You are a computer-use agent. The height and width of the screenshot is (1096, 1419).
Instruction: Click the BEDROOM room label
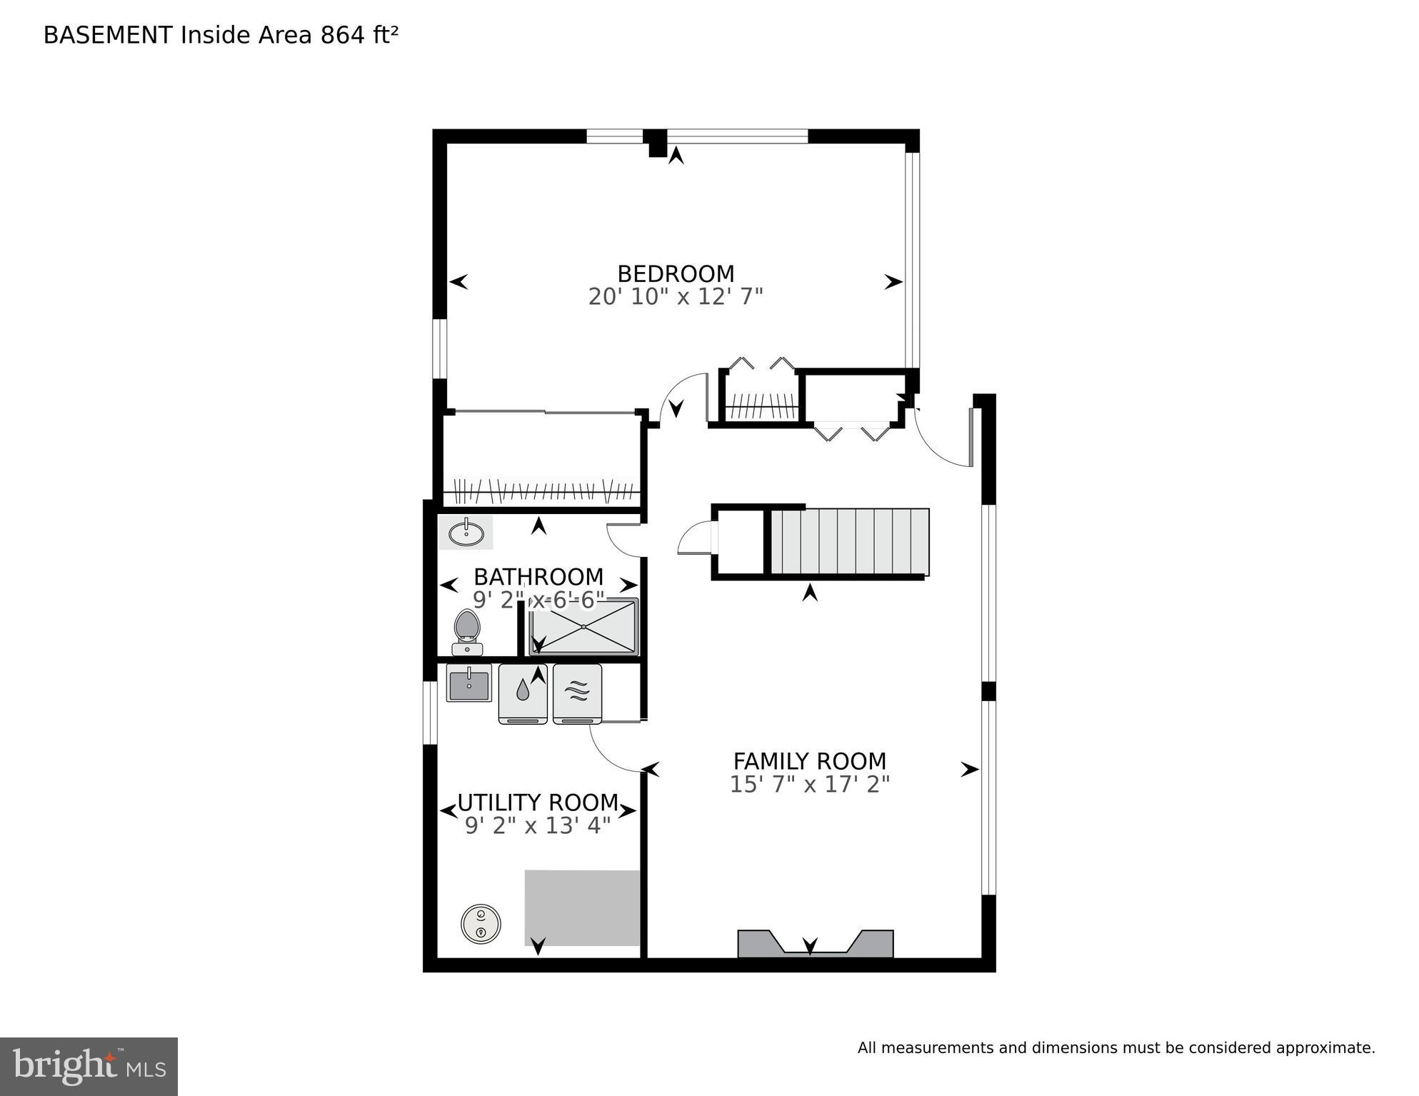676,273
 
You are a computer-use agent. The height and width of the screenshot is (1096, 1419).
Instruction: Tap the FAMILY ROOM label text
809,761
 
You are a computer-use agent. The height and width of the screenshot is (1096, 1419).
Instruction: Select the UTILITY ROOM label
537,803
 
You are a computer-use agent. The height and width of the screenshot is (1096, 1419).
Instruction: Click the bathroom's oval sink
466,533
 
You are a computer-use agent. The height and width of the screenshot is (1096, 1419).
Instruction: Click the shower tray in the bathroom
583,627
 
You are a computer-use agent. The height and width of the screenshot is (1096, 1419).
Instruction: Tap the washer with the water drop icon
523,693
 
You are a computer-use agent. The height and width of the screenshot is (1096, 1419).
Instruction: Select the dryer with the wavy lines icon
577,693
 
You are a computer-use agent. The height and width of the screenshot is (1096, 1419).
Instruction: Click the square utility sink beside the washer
468,683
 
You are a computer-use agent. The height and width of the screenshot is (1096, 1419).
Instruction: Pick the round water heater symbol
481,923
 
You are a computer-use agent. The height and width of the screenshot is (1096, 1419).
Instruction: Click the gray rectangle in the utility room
582,907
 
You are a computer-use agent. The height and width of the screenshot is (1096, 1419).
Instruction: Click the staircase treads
850,541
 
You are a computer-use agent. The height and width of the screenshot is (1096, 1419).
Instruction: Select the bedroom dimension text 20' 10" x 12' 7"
676,296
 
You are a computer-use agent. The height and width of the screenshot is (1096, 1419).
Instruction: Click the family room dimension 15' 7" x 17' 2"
809,785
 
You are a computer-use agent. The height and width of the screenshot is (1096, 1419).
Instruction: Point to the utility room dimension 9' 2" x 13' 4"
537,826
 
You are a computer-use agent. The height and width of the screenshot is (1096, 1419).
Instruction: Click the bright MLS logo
89,1066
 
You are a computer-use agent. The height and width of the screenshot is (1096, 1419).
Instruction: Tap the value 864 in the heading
342,35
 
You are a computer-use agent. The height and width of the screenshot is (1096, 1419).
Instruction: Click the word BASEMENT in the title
108,35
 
